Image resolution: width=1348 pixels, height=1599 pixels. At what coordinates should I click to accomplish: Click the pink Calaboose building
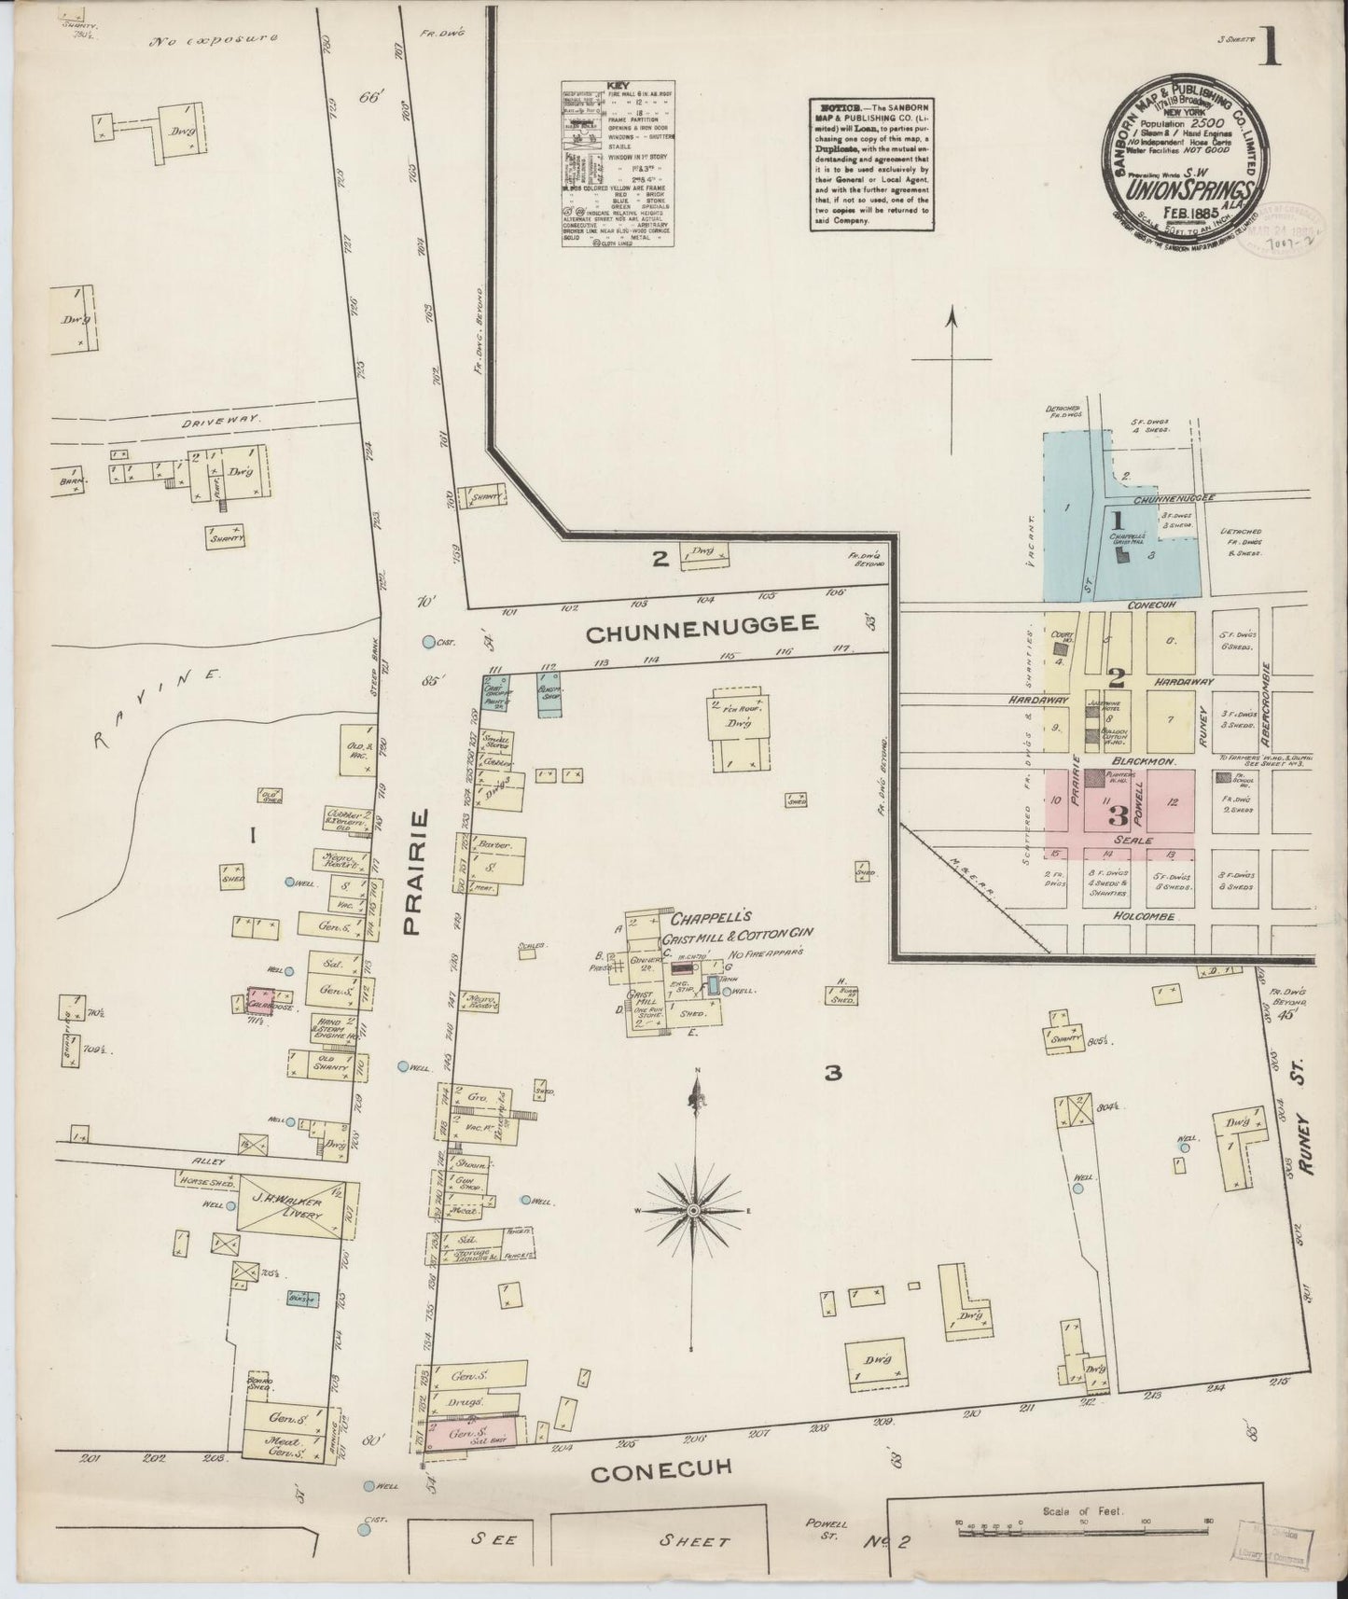pyautogui.click(x=267, y=1001)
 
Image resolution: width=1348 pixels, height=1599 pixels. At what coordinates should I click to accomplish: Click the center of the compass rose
pyautogui.click(x=693, y=1210)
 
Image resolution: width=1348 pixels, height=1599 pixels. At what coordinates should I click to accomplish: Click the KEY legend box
pyautogui.click(x=618, y=165)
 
